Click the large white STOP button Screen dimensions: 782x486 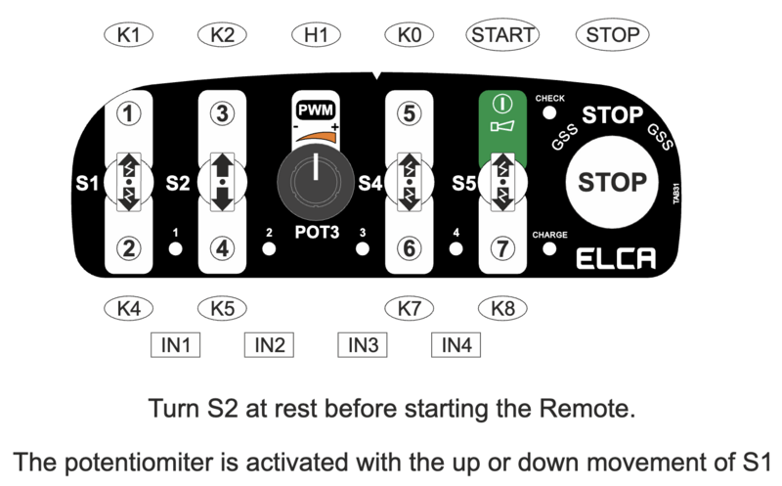(x=612, y=182)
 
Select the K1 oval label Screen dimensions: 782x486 (x=129, y=35)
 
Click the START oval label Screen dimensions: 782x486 (x=502, y=35)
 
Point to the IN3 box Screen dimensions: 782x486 (x=363, y=345)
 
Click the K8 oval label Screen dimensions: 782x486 (x=502, y=308)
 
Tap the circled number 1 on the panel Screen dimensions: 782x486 (x=129, y=113)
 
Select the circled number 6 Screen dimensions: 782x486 (x=410, y=248)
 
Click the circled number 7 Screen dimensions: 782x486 (x=502, y=248)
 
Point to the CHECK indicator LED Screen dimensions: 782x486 (x=549, y=113)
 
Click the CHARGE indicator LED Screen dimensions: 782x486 (x=549, y=248)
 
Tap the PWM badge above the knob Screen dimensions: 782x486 (x=316, y=110)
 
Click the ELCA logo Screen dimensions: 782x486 (x=616, y=258)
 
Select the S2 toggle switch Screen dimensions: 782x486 (x=223, y=182)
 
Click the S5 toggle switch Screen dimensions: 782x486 (x=502, y=182)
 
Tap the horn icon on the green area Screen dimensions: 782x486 (x=502, y=127)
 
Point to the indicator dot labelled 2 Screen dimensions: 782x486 (x=269, y=248)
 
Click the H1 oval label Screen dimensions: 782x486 (x=316, y=35)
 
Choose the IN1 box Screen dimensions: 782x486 (x=176, y=345)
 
